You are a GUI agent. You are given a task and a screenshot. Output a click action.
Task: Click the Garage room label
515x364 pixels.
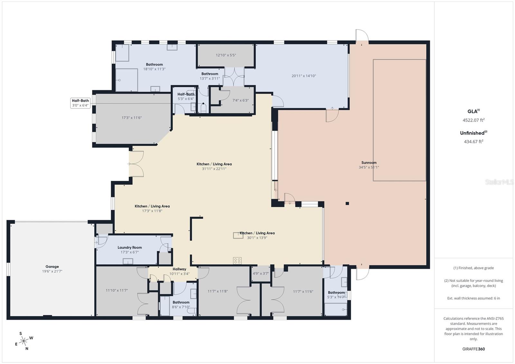click(x=52, y=266)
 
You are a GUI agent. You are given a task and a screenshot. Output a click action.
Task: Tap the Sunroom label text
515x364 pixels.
click(x=369, y=163)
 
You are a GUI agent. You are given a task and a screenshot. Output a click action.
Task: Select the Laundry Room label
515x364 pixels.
click(x=130, y=247)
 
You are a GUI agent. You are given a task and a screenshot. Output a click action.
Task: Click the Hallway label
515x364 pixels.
click(x=179, y=269)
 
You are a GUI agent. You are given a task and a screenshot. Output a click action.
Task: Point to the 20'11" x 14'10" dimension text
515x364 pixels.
click(x=304, y=76)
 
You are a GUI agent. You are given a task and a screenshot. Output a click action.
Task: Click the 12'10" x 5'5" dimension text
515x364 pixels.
click(x=226, y=55)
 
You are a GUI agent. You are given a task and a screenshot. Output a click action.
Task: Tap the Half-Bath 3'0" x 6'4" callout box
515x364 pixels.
click(x=80, y=103)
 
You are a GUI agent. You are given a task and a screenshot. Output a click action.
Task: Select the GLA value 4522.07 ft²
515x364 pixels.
click(x=473, y=120)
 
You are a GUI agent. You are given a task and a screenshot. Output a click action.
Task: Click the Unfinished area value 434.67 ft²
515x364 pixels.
click(x=473, y=141)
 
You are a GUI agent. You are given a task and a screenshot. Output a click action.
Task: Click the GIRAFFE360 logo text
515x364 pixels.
click(x=473, y=349)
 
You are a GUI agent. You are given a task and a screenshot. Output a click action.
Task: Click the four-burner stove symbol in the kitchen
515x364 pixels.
click(x=238, y=261)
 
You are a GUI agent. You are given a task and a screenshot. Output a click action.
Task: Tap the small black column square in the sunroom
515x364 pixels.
click(x=347, y=203)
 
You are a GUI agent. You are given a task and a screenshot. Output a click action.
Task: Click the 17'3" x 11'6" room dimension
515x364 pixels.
click(x=131, y=118)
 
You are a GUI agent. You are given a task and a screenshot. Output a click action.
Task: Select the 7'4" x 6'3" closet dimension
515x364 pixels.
click(x=240, y=100)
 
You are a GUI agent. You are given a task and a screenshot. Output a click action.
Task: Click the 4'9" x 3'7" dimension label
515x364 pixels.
click(x=261, y=274)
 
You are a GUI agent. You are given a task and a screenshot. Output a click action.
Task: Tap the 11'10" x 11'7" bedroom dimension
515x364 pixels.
click(x=117, y=290)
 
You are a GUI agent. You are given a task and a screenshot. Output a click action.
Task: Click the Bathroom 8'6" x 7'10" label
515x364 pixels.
click(x=181, y=304)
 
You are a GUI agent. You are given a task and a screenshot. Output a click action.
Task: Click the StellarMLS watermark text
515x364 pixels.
click(x=499, y=182)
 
